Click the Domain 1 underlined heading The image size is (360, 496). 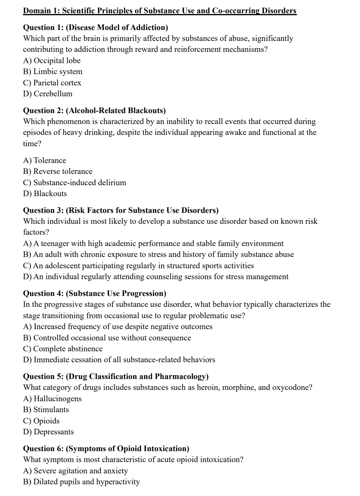pyautogui.click(x=160, y=11)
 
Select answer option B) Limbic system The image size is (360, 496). pyautogui.click(x=53, y=72)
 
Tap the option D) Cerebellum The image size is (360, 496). pyautogui.click(x=48, y=94)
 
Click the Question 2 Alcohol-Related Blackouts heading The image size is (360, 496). pyautogui.click(x=94, y=110)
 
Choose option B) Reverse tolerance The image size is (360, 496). pyautogui.click(x=58, y=172)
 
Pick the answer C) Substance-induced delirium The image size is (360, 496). pyautogui.click(x=74, y=182)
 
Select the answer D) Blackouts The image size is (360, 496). pyautogui.click(x=45, y=194)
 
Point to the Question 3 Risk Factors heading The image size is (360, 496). pyautogui.click(x=121, y=210)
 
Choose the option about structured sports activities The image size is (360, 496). pyautogui.click(x=138, y=266)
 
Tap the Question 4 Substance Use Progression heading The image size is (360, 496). pyautogui.click(x=95, y=293)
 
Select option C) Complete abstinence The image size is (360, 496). pyautogui.click(x=63, y=349)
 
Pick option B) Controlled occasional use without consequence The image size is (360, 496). pyautogui.click(x=107, y=338)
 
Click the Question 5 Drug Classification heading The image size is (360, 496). pyautogui.click(x=116, y=376)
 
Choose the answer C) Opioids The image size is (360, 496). pyautogui.click(x=41, y=421)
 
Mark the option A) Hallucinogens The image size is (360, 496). pyautogui.click(x=52, y=399)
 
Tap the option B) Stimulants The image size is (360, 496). pyautogui.click(x=46, y=410)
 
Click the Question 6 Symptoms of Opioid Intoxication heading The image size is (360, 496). pyautogui.click(x=106, y=448)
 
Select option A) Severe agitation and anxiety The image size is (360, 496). pyautogui.click(x=75, y=471)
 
